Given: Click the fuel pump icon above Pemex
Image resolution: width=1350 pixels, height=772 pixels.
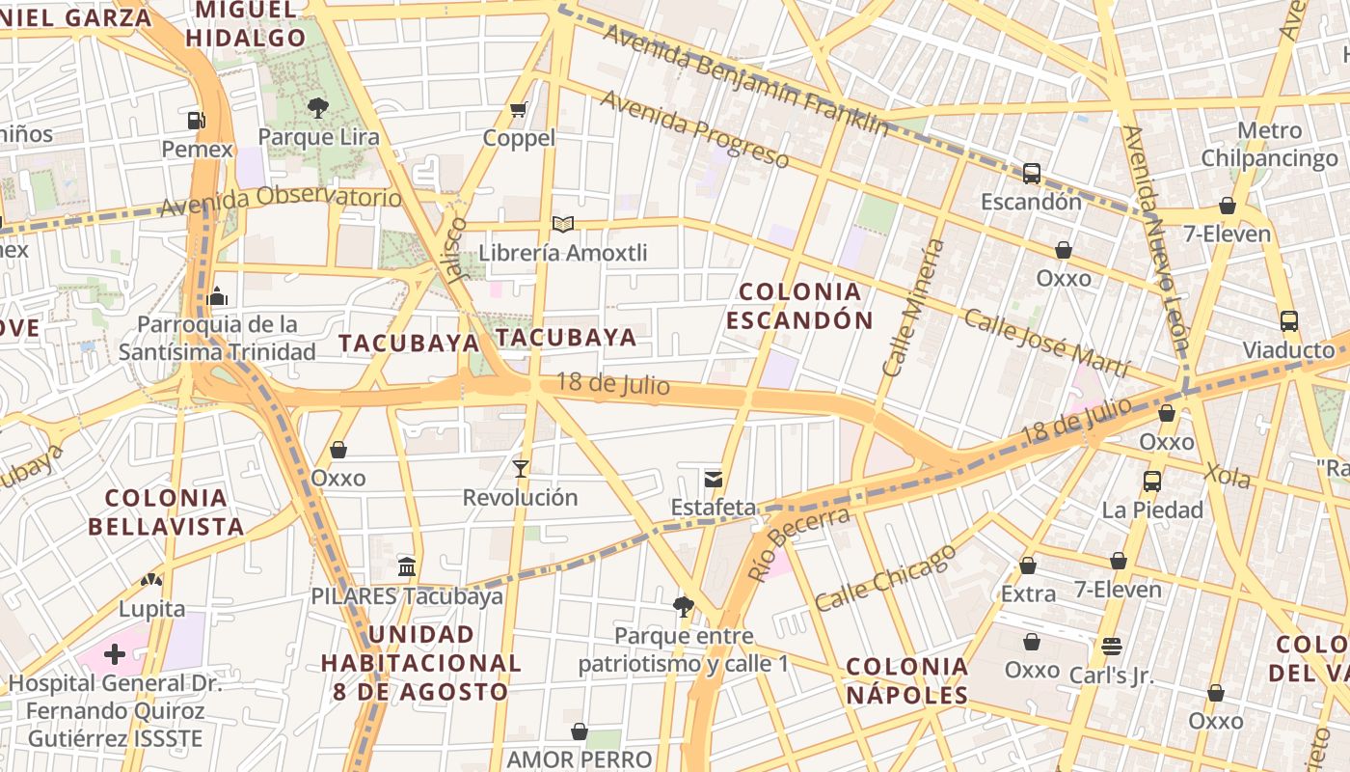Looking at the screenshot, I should pyautogui.click(x=196, y=121).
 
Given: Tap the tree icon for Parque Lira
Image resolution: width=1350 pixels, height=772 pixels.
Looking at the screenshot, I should pyautogui.click(x=317, y=107).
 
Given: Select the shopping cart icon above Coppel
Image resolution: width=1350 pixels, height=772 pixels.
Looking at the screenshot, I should pyautogui.click(x=519, y=109).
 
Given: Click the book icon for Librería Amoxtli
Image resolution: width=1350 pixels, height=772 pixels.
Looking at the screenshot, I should pyautogui.click(x=563, y=225).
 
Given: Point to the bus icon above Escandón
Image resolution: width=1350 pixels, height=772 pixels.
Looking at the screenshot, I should pyautogui.click(x=1032, y=174).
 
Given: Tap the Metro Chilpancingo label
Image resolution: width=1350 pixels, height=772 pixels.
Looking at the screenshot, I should pyautogui.click(x=1269, y=144).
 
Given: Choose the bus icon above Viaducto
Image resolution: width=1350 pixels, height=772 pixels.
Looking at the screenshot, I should pyautogui.click(x=1288, y=321).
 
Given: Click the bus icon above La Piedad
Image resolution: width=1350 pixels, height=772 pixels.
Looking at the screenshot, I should pyautogui.click(x=1151, y=481).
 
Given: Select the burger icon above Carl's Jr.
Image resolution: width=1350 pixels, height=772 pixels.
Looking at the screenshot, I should pyautogui.click(x=1111, y=647).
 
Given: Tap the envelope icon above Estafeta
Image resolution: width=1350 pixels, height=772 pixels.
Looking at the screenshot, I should pyautogui.click(x=713, y=478).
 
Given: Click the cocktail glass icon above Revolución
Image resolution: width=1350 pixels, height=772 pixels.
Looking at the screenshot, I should pyautogui.click(x=521, y=469).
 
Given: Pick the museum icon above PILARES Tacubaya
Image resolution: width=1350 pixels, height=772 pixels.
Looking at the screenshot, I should pyautogui.click(x=407, y=566).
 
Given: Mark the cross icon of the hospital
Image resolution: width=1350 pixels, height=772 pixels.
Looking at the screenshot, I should pyautogui.click(x=115, y=655).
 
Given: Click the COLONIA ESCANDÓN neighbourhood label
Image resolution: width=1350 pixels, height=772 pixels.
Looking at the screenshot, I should pyautogui.click(x=799, y=305).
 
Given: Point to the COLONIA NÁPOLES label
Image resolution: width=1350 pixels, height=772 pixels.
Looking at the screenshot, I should pyautogui.click(x=906, y=680).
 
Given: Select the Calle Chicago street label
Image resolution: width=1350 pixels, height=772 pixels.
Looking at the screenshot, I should pyautogui.click(x=886, y=577).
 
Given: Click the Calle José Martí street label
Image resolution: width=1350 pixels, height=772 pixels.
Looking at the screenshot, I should pyautogui.click(x=1045, y=344).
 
